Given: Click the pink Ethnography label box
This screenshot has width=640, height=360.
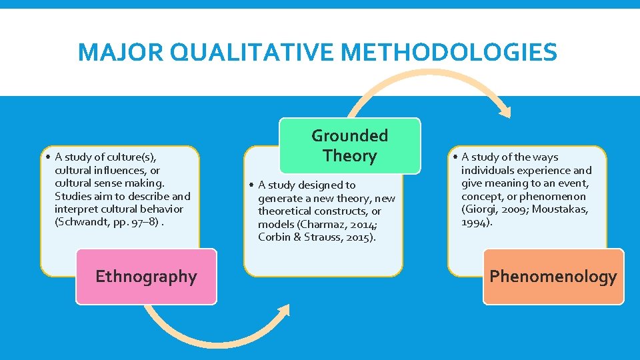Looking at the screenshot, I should tap(146, 277).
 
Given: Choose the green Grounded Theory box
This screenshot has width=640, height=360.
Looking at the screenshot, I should tap(349, 145).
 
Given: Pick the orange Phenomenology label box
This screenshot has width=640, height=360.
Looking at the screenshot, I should tap(553, 276).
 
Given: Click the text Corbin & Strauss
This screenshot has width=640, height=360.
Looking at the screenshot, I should tap(299, 237).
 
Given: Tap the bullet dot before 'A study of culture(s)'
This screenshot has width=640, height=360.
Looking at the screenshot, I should tap(50, 157).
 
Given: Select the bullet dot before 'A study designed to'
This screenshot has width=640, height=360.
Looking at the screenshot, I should tap(253, 185).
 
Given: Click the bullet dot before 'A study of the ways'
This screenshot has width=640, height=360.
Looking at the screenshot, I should tap(456, 157).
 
